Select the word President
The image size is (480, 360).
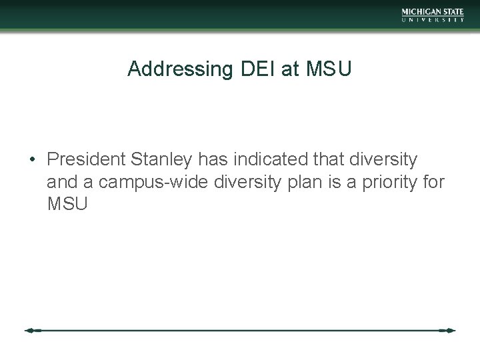[x=87, y=160]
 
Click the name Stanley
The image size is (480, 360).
[x=160, y=160]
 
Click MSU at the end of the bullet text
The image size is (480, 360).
[x=67, y=203]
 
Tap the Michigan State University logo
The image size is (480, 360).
[x=433, y=15]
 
